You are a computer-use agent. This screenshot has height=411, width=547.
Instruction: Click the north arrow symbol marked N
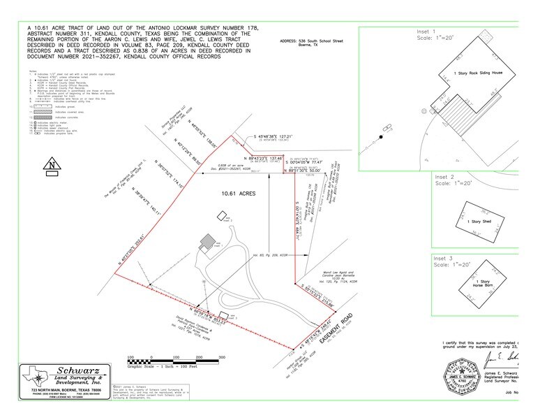pos(50,166)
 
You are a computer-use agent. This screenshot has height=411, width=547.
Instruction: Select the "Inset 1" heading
pos(443,31)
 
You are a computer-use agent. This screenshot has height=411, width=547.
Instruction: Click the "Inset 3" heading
pos(443,257)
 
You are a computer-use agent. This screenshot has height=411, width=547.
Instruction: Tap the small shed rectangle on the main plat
pos(222,314)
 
